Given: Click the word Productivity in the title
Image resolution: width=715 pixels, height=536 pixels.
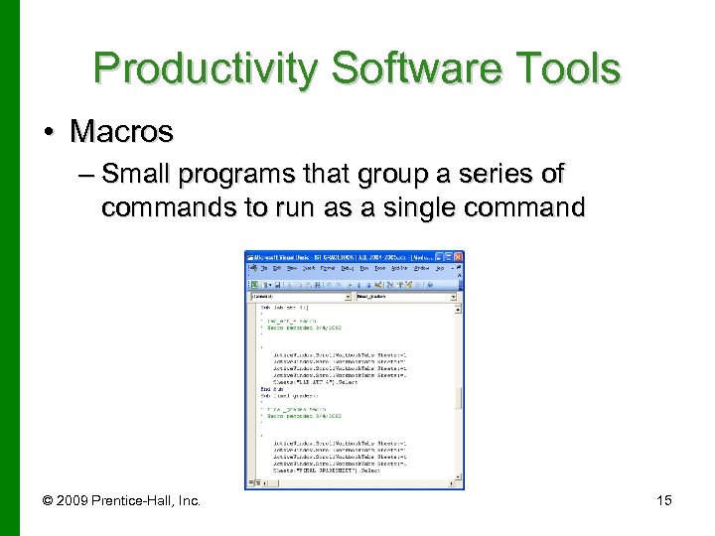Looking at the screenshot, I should point(203,68).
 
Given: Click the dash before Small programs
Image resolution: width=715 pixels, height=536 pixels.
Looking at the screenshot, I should point(84,177).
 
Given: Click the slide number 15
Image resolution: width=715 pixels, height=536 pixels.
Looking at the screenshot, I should point(663,500).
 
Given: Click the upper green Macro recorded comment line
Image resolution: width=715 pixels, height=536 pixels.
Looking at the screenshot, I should point(298,328).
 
